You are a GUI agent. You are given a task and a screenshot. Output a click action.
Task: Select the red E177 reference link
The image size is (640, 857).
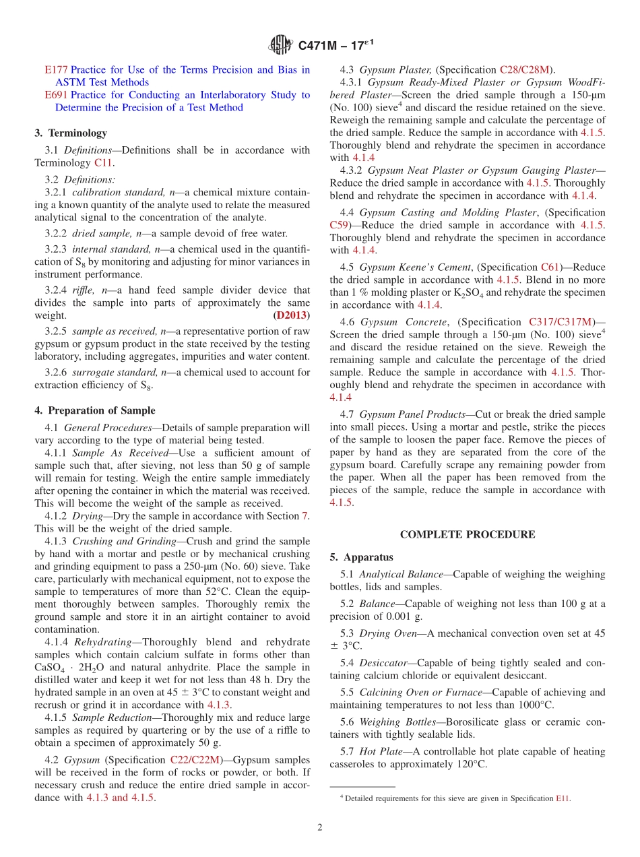click(56, 69)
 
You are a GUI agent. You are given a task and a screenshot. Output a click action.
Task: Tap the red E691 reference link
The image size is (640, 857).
click(56, 95)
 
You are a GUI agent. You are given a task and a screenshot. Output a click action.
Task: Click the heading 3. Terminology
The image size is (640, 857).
click(71, 133)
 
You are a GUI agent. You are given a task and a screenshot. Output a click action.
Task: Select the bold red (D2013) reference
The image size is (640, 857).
click(291, 315)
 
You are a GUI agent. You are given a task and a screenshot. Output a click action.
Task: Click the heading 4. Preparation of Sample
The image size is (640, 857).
click(95, 410)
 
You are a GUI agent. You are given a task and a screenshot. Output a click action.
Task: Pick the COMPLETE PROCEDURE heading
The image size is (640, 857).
click(468, 534)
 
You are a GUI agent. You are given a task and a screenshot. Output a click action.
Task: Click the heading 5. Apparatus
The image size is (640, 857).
click(361, 557)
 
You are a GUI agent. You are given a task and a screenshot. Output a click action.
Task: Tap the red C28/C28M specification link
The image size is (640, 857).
click(525, 69)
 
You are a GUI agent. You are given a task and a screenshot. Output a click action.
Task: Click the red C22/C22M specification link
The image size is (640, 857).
click(195, 759)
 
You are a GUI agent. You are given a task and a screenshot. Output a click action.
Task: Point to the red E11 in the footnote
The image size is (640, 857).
click(563, 798)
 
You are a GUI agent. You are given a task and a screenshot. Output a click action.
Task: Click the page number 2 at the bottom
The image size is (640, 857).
click(320, 827)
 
